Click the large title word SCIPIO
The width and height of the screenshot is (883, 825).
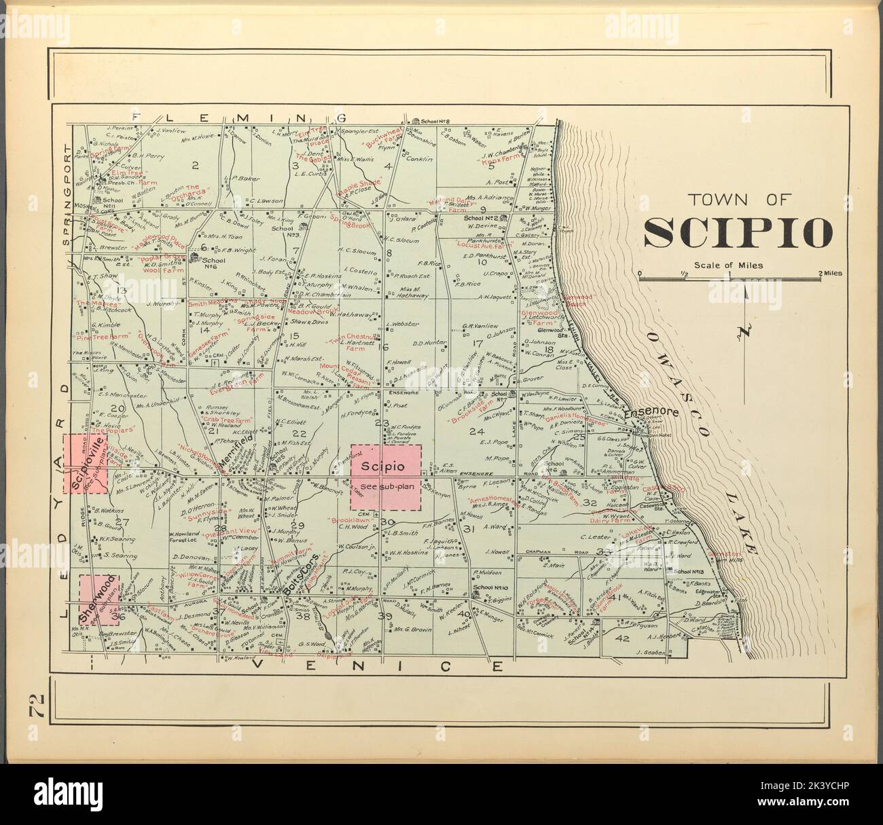click(738, 233)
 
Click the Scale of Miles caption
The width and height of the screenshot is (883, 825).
click(728, 265)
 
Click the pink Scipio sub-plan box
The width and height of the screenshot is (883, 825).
click(386, 477)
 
